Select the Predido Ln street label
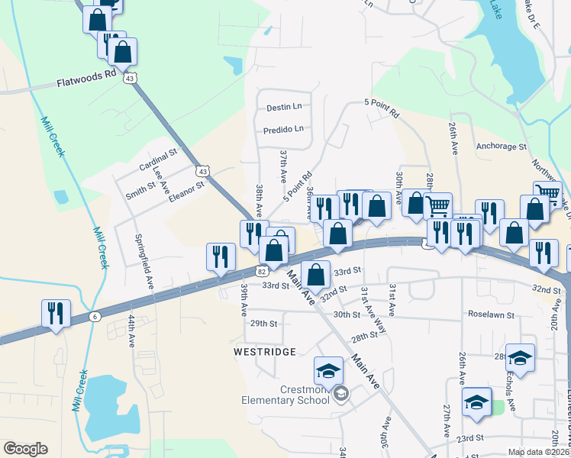pos(283,129)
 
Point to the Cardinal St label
pos(158,160)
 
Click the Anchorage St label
pos(501,145)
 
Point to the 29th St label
pos(263,324)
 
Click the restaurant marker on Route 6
pos(56,313)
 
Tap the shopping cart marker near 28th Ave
pos(437,205)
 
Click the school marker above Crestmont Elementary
pos(328,371)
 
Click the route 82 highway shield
pos(262,271)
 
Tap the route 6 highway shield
pos(94,317)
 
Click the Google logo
pos(25,449)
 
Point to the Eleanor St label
pos(187,189)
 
